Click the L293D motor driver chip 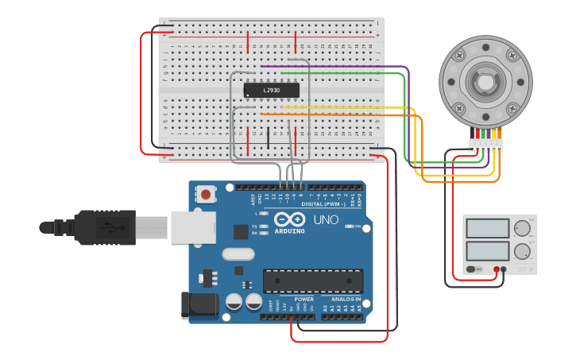[271, 91]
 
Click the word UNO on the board [326, 219]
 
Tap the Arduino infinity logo [289, 219]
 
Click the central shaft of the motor [485, 81]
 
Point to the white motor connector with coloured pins [485, 145]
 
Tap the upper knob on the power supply [523, 229]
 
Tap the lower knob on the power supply [523, 253]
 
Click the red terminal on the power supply [496, 269]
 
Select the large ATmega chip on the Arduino [313, 281]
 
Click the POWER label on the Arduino [303, 300]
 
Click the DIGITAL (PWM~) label [324, 204]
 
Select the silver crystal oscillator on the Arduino [238, 254]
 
